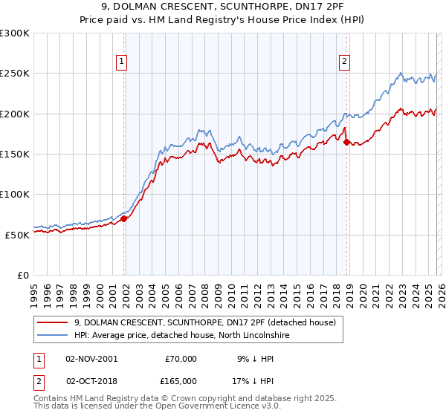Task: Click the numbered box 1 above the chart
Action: [x=121, y=62]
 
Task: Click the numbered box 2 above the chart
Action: [x=345, y=62]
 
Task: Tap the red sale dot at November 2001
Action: [x=124, y=218]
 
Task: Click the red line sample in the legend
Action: [x=53, y=322]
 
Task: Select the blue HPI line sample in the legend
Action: [x=53, y=336]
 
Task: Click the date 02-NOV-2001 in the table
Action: [x=91, y=358]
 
